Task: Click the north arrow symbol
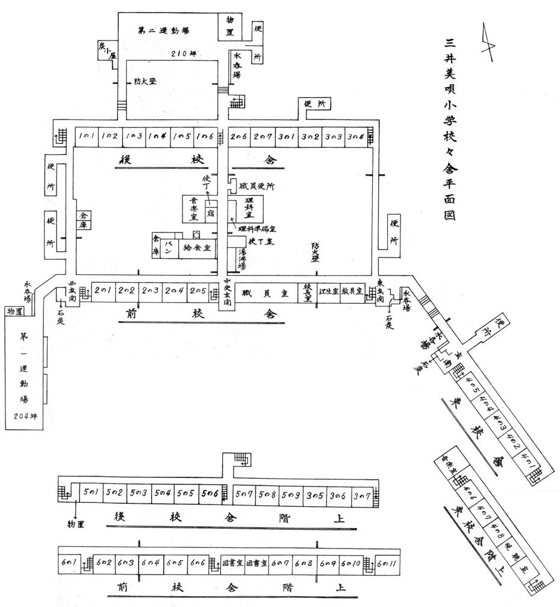[487, 42]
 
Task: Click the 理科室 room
[246, 206]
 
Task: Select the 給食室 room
[197, 248]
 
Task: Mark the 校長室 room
[307, 292]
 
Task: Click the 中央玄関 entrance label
[227, 292]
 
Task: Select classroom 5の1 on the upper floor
[92, 493]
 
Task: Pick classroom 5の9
[291, 494]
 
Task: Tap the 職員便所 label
[257, 187]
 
